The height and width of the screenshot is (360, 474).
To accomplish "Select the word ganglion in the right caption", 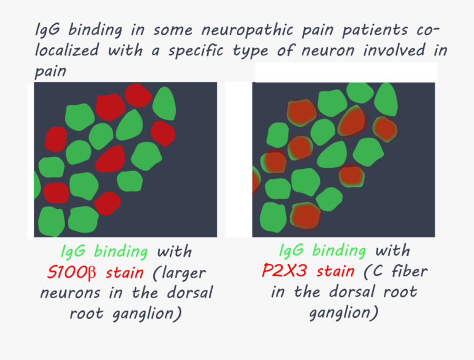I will [343, 313].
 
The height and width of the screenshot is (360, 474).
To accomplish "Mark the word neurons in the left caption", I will [66, 293].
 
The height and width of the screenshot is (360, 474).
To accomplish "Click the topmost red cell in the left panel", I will [139, 95].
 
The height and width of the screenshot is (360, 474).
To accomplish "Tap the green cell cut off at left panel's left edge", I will [37, 185].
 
